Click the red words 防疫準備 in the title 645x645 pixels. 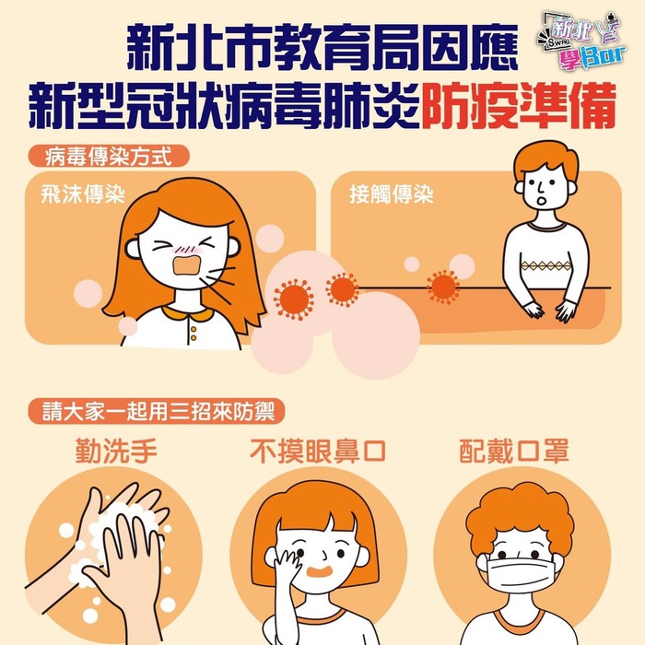[518, 106]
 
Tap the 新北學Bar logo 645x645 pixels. [581, 40]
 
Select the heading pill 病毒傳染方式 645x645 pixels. [109, 157]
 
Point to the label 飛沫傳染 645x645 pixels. [83, 193]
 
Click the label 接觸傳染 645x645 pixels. [392, 193]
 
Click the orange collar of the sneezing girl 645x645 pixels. [188, 315]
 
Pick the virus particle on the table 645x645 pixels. [442, 287]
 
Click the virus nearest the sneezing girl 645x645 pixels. [294, 299]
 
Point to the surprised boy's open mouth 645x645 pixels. [543, 202]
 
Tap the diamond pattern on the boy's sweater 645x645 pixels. [545, 265]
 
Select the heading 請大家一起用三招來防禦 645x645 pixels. [157, 411]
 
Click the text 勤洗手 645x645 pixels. [116, 451]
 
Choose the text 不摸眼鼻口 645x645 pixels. [318, 451]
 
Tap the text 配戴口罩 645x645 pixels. [514, 451]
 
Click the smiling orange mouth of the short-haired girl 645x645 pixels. [320, 572]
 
